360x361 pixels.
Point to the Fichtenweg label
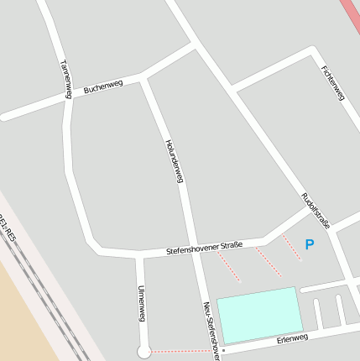[332, 83]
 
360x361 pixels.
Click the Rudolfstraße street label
[316, 210]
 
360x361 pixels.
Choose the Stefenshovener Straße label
[204, 248]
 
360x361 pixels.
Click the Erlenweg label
[292, 338]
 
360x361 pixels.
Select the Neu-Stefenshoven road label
[211, 330]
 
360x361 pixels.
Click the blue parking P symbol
[309, 245]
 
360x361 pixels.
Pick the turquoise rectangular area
[259, 314]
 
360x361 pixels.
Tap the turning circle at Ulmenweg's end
[143, 352]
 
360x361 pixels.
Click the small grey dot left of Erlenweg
[223, 350]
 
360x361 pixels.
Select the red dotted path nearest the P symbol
[291, 247]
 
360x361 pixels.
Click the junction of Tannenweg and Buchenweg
[66, 96]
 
